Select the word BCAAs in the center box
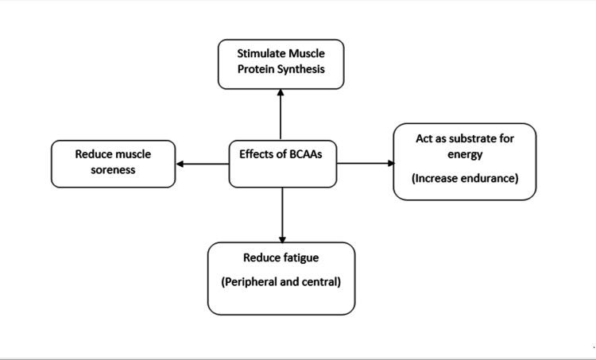tap(306, 154)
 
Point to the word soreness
tap(113, 170)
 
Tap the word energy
tap(465, 155)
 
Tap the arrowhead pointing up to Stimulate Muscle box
tap(281, 92)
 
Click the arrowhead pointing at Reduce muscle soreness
tap(180, 164)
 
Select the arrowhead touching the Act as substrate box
tap(391, 164)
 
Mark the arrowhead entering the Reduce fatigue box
tap(282, 239)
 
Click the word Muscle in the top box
tap(307, 53)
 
